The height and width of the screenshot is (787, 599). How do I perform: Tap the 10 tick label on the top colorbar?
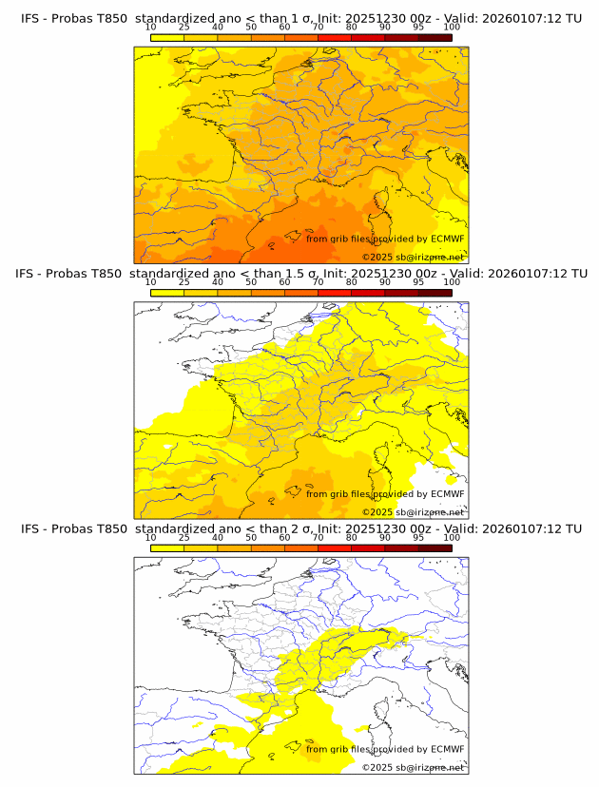tap(151, 27)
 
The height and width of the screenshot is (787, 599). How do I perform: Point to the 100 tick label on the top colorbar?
tap(452, 27)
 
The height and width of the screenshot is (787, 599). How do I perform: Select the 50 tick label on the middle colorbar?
tap(251, 282)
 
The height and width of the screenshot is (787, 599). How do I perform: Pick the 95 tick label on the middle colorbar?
tap(418, 282)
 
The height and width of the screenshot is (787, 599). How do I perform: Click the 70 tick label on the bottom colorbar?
tap(318, 538)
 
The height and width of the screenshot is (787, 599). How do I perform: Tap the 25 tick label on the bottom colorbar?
tap(184, 538)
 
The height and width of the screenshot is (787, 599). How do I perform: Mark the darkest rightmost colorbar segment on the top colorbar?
tap(435, 37)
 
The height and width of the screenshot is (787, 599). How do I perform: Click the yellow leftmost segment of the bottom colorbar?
tap(167, 548)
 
